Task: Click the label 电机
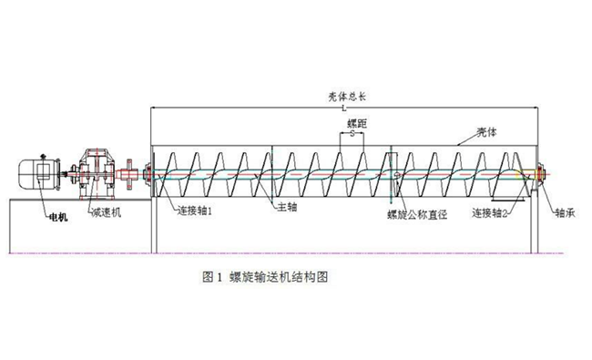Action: point(58,217)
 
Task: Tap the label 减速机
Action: point(107,212)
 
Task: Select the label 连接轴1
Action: point(195,211)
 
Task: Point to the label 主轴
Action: point(287,207)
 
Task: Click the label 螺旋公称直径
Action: point(417,214)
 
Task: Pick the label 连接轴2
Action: point(490,213)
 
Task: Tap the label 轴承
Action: point(565,213)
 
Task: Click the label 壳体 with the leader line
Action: point(487,132)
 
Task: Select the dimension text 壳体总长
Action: point(347,97)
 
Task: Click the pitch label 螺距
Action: point(357,124)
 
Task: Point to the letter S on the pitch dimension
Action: point(352,133)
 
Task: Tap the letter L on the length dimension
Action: point(344,108)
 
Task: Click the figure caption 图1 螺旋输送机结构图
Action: point(265,277)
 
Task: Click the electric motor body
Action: point(40,174)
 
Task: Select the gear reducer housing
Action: point(97,174)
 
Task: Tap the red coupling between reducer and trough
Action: point(129,174)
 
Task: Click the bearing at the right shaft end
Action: point(541,174)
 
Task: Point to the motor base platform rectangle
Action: point(80,226)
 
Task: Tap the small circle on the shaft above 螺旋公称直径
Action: point(397,174)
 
